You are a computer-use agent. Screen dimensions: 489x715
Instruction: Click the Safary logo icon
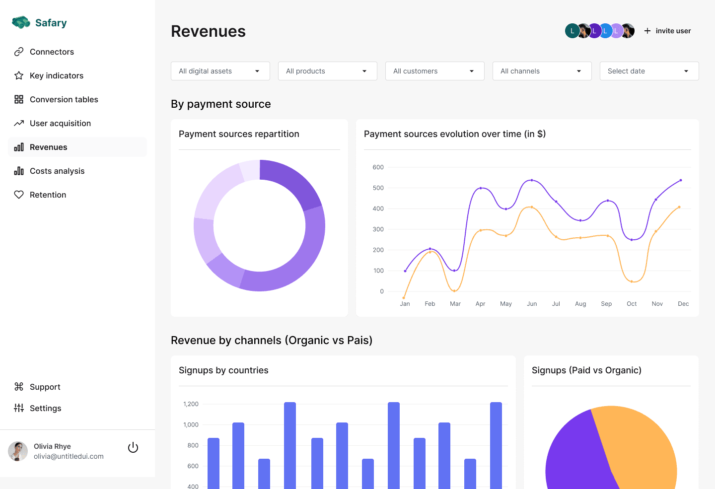21,22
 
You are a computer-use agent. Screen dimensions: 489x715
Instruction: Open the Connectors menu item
52,52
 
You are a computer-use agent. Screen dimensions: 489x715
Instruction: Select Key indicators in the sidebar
56,75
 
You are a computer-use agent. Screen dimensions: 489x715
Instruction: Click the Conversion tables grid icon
19,99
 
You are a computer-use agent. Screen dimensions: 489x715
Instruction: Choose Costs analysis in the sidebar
57,171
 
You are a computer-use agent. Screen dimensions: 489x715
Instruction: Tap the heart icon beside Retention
19,195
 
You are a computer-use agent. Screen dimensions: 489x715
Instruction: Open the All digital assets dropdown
220,71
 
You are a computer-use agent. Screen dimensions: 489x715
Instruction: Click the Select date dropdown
649,71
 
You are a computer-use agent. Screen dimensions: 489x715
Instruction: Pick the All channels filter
542,71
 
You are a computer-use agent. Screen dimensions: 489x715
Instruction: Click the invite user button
667,31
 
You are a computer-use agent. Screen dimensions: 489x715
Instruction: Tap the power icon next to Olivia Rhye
133,447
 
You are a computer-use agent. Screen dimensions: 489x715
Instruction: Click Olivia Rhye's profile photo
18,451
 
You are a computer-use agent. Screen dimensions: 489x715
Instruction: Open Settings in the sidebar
45,408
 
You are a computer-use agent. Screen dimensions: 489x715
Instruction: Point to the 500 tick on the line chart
378,188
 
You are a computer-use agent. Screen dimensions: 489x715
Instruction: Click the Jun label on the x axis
532,304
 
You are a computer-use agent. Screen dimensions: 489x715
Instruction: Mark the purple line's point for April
481,188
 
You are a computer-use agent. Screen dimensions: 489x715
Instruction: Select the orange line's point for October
632,281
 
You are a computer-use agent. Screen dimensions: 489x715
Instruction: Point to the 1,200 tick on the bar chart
191,404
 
